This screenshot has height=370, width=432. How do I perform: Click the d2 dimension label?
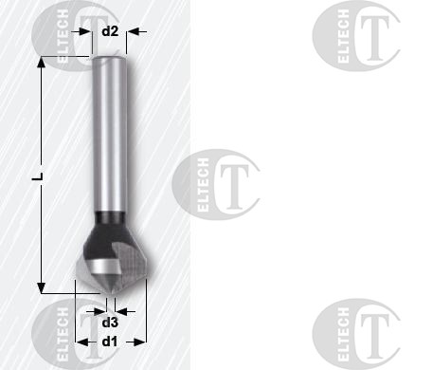110,31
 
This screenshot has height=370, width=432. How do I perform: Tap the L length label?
38,177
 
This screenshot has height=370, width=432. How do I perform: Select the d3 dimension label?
110,323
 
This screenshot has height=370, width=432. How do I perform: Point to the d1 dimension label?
110,342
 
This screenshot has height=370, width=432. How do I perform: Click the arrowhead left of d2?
85,31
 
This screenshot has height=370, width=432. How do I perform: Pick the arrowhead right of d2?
133,31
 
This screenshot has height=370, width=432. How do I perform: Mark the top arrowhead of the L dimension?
41,63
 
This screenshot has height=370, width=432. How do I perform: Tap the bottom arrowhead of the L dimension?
41,287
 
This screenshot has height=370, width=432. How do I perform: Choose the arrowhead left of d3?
100,311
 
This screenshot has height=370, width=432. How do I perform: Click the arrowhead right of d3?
121,311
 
